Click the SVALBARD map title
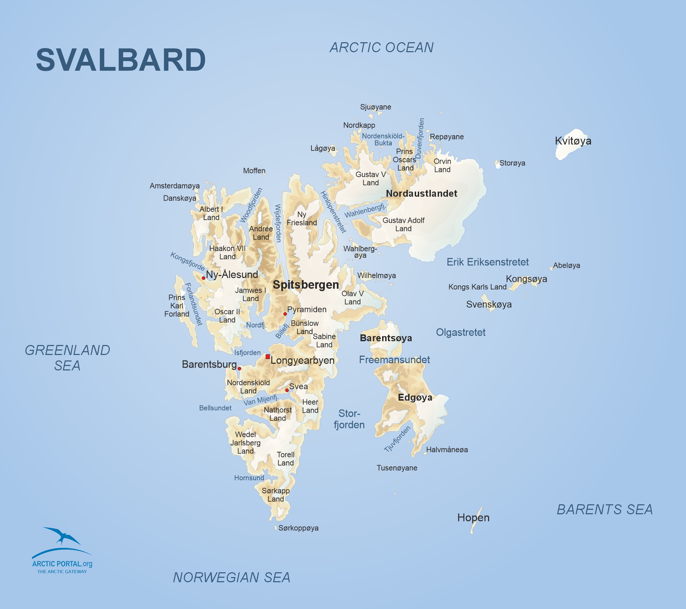tap(121, 60)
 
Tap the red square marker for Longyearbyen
tap(268, 357)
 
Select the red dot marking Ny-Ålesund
tap(203, 278)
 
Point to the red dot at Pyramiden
tap(285, 314)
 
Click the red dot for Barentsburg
tap(239, 368)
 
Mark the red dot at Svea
tap(287, 390)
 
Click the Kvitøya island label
tap(573, 141)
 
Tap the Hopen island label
tap(473, 518)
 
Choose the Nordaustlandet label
tap(422, 194)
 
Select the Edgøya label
tap(415, 398)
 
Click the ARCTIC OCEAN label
tap(382, 47)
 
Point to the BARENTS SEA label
tap(605, 509)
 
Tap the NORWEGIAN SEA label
tap(232, 577)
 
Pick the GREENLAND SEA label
tap(68, 358)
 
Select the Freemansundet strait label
tap(394, 360)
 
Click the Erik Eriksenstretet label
tap(487, 262)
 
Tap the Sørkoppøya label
tap(298, 528)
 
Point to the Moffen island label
tap(254, 171)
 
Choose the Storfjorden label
tap(349, 419)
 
